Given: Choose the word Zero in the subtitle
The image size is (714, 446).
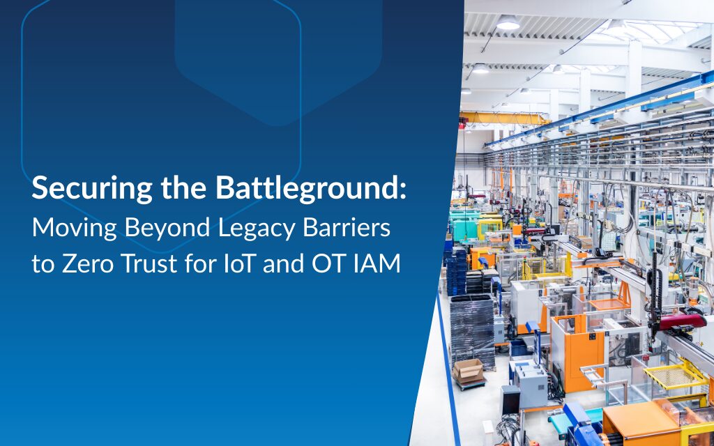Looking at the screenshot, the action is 87,264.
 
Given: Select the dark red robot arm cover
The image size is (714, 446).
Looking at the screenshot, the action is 683,321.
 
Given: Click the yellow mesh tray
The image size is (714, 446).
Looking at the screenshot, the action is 675,374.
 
